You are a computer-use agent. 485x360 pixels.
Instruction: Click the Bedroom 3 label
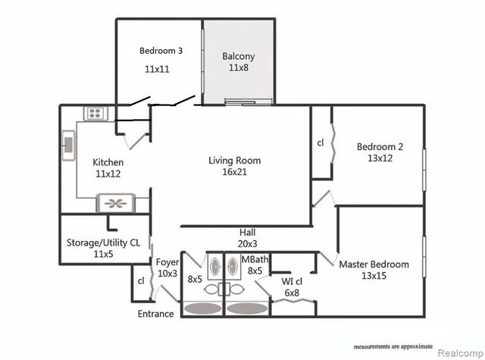161,51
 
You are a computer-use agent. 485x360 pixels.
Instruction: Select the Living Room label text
235,161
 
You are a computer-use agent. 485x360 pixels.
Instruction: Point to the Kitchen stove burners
96,114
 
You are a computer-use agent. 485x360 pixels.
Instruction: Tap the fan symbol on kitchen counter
116,203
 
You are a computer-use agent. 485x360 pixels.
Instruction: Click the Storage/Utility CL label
102,243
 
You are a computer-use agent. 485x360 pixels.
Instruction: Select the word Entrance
155,314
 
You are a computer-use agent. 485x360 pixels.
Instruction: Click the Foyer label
167,263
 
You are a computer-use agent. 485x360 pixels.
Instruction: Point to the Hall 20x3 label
248,238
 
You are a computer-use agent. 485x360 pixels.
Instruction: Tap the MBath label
253,260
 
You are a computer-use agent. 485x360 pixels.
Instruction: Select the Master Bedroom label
374,265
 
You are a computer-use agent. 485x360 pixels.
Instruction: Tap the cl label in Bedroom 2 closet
321,142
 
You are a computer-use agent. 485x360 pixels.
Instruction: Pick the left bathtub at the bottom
200,309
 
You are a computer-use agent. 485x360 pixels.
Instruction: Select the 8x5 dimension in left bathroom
195,279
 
